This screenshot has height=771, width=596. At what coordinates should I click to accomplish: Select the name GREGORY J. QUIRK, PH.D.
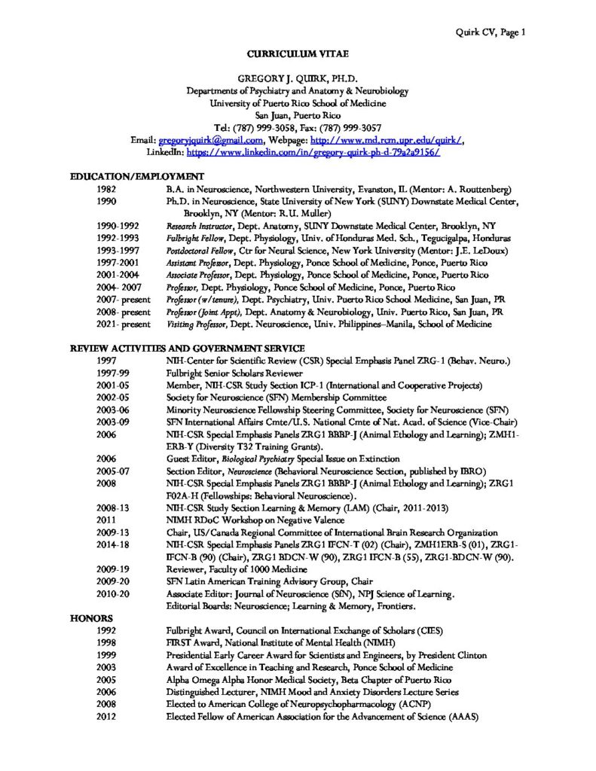[x=296, y=78]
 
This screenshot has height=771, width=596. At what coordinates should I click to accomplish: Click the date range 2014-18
[x=114, y=544]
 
